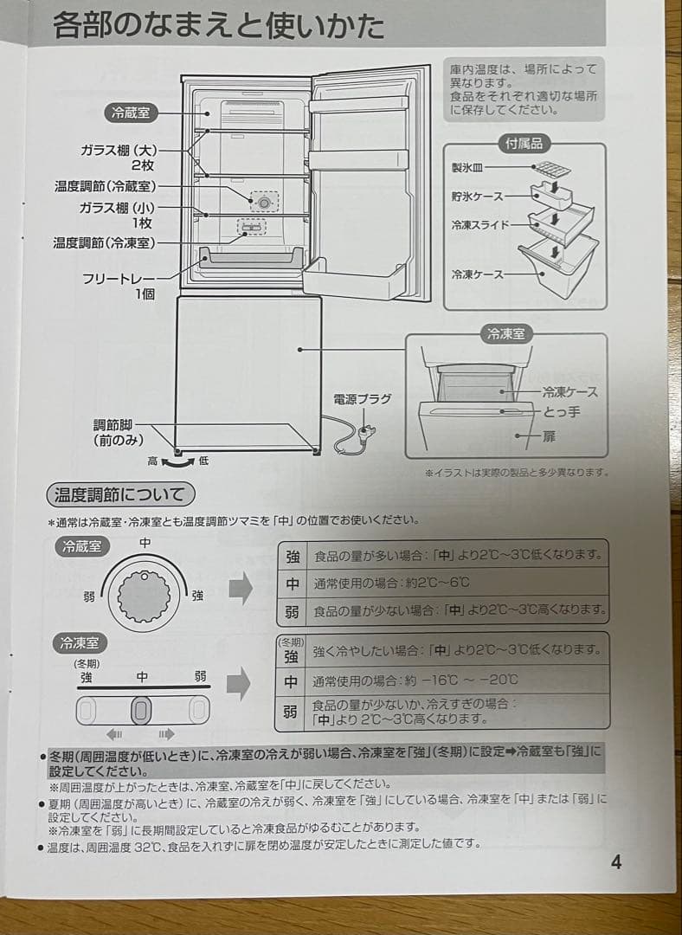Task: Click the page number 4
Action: tap(615, 862)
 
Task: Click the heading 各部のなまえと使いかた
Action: tap(218, 25)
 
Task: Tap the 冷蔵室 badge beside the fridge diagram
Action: tap(131, 113)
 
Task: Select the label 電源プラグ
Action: tap(362, 399)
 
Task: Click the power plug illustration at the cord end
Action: tap(366, 430)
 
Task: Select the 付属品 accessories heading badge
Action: tap(524, 144)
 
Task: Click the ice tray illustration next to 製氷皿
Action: tap(551, 168)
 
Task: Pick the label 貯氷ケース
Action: tap(476, 197)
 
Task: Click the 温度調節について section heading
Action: tap(119, 495)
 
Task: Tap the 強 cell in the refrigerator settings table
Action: tap(293, 555)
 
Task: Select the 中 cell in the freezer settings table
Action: tap(292, 681)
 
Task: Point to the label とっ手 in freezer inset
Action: tap(562, 412)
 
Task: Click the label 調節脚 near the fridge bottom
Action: tap(113, 425)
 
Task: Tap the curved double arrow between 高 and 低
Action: tap(178, 462)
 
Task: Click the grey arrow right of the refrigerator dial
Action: tap(240, 589)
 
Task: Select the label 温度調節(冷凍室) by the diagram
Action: tap(105, 243)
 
